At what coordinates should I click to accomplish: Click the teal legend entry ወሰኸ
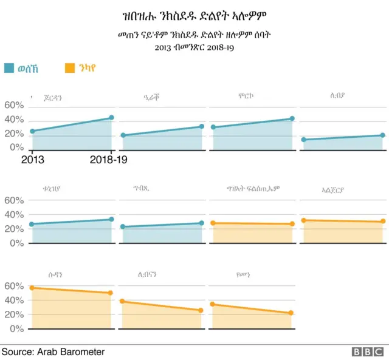click(24, 69)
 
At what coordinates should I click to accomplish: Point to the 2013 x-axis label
click(32, 160)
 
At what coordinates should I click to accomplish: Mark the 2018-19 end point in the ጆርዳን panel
click(111, 118)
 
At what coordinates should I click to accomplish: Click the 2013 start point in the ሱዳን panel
click(32, 288)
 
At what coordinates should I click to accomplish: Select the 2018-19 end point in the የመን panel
click(291, 313)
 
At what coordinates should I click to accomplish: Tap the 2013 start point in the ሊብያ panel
click(303, 140)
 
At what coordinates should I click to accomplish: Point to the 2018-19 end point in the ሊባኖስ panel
click(201, 310)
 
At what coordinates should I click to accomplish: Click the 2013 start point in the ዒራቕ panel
click(123, 135)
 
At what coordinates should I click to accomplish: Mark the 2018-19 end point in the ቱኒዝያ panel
click(111, 219)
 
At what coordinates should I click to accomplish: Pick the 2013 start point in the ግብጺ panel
click(123, 227)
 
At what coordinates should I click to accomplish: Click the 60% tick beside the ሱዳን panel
click(14, 285)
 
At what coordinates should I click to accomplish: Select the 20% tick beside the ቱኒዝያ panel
click(14, 229)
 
